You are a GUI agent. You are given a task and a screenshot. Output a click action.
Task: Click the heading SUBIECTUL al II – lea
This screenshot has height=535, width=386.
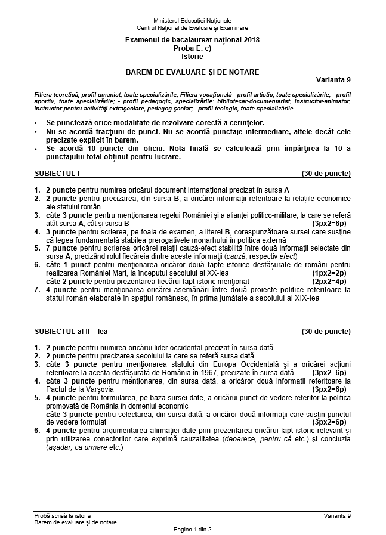(x=71, y=330)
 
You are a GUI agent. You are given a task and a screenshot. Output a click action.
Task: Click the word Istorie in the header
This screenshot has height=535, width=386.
(x=193, y=57)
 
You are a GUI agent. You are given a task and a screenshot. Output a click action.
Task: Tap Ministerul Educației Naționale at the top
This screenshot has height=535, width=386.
(x=193, y=20)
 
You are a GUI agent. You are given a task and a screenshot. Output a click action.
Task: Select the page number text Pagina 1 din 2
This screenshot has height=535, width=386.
(x=193, y=529)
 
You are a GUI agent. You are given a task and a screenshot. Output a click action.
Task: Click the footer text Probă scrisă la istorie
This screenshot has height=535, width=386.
(x=63, y=515)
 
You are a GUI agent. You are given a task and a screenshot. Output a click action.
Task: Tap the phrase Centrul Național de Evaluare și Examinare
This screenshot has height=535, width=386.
(x=193, y=28)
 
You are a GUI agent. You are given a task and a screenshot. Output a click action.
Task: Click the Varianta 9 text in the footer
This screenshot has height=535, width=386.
(x=338, y=515)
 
